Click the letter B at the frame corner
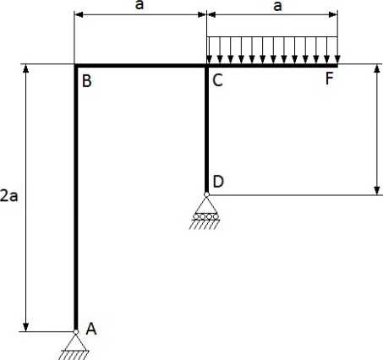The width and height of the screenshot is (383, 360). click(x=87, y=81)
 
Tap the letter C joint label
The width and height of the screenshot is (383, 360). click(x=217, y=80)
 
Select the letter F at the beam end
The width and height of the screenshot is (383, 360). click(x=329, y=79)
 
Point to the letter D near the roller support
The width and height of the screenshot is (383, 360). click(x=218, y=182)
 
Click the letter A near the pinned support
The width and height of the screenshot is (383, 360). click(x=91, y=329)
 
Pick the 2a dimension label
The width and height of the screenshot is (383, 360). click(x=8, y=196)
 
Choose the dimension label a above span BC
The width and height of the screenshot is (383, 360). click(x=140, y=5)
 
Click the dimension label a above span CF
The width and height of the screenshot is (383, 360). click(x=277, y=6)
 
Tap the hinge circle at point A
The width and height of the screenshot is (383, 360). click(x=76, y=332)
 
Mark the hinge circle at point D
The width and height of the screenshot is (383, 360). click(x=206, y=194)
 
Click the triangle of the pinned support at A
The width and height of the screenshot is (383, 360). click(x=76, y=342)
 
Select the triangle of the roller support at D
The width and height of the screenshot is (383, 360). click(x=206, y=205)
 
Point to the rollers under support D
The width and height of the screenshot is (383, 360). click(x=206, y=216)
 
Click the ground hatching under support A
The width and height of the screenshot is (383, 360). click(x=74, y=355)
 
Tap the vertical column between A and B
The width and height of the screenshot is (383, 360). click(x=75, y=197)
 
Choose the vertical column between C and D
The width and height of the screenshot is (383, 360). click(x=206, y=128)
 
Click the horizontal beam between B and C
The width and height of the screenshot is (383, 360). click(x=141, y=66)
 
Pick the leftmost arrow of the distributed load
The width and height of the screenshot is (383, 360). click(x=209, y=50)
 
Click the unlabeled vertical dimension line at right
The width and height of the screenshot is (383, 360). click(x=377, y=129)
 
